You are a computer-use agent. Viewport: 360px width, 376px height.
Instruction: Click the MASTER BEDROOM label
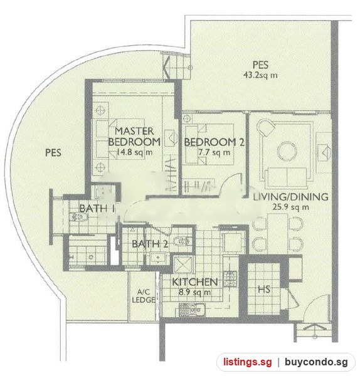(x=134, y=137)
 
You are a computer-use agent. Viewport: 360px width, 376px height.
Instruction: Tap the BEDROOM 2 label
(x=214, y=142)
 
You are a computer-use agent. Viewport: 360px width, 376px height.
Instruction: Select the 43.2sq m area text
(x=260, y=75)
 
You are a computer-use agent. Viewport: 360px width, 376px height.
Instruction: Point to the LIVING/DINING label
(x=290, y=197)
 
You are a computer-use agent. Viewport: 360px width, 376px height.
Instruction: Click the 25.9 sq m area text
(x=290, y=207)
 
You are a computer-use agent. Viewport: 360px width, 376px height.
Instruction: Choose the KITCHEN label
(x=194, y=282)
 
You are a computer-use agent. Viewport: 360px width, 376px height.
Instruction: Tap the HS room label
(x=264, y=290)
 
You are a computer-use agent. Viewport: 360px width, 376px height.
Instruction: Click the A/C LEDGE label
(x=143, y=296)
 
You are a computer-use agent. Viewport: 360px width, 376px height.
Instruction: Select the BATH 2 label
(x=150, y=244)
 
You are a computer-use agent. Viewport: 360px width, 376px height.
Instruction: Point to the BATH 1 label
(x=97, y=209)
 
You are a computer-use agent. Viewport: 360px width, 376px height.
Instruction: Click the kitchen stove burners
(x=230, y=279)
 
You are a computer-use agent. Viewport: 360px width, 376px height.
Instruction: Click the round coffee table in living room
(x=287, y=151)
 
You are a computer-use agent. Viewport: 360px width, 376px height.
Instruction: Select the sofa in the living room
(x=287, y=177)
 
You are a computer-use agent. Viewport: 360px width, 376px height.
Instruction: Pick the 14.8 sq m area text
(x=134, y=152)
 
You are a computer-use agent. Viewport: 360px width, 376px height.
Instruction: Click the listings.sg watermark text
(x=248, y=362)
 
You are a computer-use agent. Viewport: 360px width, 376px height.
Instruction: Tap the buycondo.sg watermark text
(x=316, y=362)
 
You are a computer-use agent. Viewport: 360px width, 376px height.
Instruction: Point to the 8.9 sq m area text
(x=194, y=292)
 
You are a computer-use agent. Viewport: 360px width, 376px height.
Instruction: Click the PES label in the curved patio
(x=53, y=153)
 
